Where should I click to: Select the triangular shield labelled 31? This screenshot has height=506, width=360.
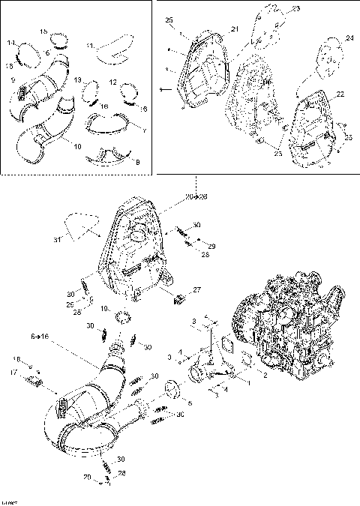(x=78, y=224)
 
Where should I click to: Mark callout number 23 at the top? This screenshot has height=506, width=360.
(x=295, y=9)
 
